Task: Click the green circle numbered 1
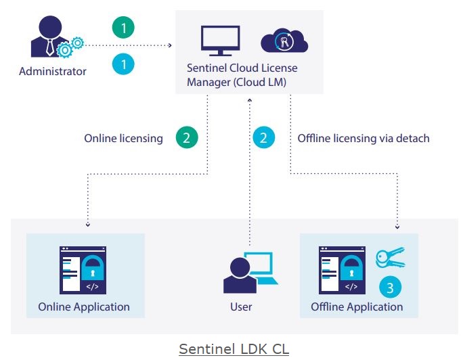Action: (124, 28)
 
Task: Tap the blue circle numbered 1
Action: (124, 64)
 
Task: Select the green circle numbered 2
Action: (187, 138)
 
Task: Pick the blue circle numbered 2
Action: (264, 138)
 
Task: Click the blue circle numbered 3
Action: (390, 287)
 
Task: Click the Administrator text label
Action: (53, 71)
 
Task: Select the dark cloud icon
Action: (284, 42)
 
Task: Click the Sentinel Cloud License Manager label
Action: (242, 75)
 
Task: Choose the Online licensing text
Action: (123, 139)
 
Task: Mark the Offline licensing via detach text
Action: (363, 139)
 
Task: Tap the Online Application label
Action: (84, 307)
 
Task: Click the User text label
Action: (241, 307)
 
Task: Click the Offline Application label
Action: (357, 307)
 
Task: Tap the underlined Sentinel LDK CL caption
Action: (234, 348)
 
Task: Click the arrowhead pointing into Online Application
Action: (87, 226)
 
